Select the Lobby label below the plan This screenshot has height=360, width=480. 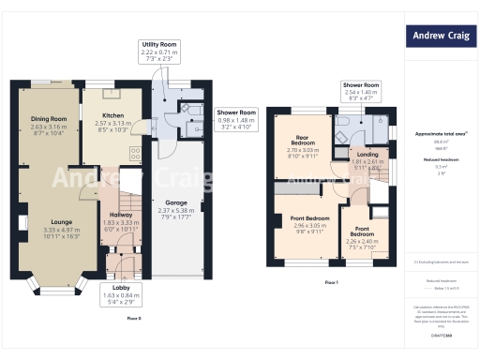pos(121,288)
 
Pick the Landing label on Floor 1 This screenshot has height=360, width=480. pos(367,155)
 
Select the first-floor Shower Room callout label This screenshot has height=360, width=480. pos(360,86)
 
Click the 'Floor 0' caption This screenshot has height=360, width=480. pos(133,319)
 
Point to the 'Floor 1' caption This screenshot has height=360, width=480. pos(331,281)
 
